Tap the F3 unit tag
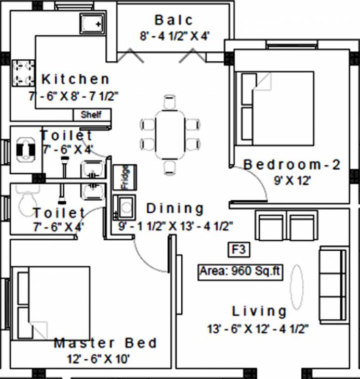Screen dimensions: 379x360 pyautogui.click(x=239, y=250)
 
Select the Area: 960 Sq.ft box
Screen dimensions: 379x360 pyautogui.click(x=240, y=271)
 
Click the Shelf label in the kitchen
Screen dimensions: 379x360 pyautogui.click(x=91, y=114)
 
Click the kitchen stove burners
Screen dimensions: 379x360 pyautogui.click(x=23, y=73)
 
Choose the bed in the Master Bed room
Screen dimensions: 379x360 pyautogui.click(x=51, y=303)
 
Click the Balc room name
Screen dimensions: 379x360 pyautogui.click(x=173, y=20)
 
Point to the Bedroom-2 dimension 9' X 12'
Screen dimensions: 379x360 pyautogui.click(x=292, y=181)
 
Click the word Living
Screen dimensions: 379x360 pyautogui.click(x=260, y=311)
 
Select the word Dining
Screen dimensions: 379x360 pyautogui.click(x=175, y=208)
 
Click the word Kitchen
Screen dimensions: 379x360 pyautogui.click(x=76, y=79)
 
